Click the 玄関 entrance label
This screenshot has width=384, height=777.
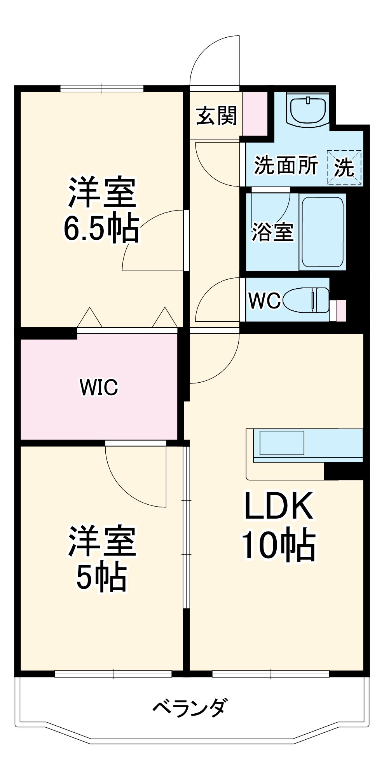pos(216,116)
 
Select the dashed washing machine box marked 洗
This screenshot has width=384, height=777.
pos(344,167)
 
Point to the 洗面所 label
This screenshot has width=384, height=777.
pos(286,165)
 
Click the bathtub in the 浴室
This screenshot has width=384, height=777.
pos(323,232)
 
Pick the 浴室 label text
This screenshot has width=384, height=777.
pos(272,232)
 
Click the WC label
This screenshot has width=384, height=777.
pos(264,300)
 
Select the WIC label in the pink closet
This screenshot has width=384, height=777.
pos(99,387)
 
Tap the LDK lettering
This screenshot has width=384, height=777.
pos(278,506)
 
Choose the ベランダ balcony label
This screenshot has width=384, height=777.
pos(189,707)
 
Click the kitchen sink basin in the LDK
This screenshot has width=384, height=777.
pos(282,443)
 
